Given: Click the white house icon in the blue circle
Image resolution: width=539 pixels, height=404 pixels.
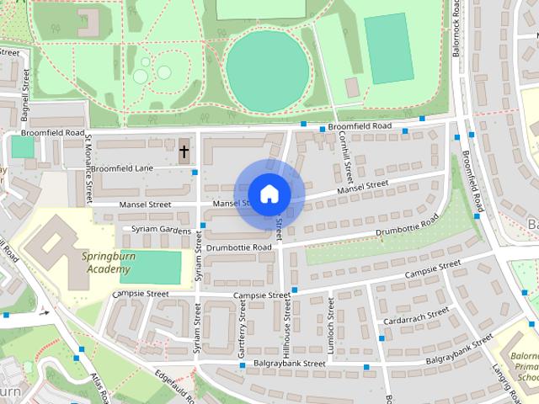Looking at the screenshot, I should pos(269,194).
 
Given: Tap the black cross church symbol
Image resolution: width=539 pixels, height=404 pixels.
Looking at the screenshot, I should pos(184,151).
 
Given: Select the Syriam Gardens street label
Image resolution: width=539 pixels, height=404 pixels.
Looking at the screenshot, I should pos(157,230).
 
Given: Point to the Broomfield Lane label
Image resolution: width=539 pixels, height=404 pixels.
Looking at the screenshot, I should pos(123,168).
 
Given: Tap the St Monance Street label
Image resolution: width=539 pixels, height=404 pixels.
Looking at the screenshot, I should pos(88,172).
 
